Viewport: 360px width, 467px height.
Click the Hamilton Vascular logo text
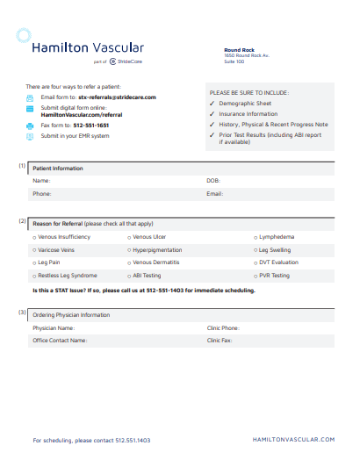click(87, 47)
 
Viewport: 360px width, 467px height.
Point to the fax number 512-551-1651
click(90, 126)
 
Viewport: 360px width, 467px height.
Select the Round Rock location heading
click(239, 50)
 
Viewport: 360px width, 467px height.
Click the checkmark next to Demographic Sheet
click(212, 103)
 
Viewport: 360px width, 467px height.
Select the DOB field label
click(212, 180)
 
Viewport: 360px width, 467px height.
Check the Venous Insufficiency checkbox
click(34, 237)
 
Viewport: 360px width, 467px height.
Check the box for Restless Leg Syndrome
click(34, 276)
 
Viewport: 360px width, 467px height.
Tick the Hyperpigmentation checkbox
click(129, 250)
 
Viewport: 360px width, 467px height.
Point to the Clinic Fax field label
click(220, 340)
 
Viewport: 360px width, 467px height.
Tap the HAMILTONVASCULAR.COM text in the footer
click(293, 439)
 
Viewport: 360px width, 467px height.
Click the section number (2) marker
click(22, 221)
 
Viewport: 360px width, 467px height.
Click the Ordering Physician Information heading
click(71, 314)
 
